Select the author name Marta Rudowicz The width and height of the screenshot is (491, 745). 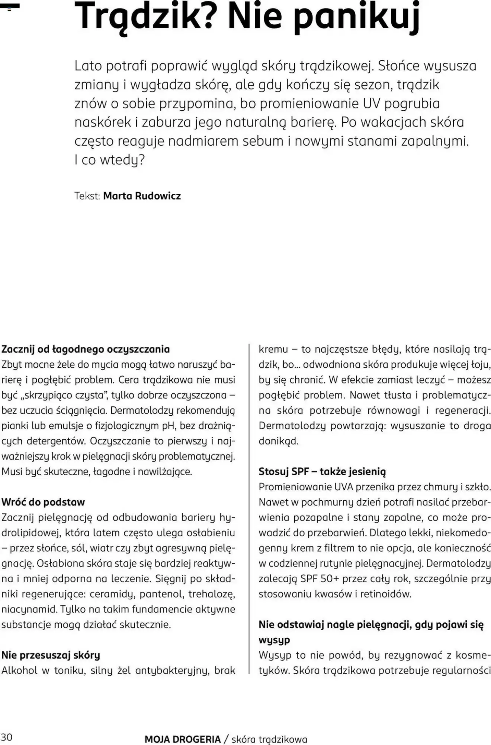pos(142,196)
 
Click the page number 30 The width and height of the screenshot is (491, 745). pos(7,737)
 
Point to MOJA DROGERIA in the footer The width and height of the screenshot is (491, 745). pos(183,739)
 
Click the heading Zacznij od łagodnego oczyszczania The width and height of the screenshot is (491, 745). pos(86,349)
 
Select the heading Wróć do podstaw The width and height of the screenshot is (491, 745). pos(43,502)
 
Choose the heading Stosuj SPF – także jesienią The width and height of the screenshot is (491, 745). pos(322,471)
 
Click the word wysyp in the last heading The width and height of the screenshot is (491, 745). pos(274,640)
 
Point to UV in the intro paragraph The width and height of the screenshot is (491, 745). pos(371,103)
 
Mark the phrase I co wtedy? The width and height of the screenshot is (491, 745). pos(109,160)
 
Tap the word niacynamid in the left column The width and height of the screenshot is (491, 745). pos(29,609)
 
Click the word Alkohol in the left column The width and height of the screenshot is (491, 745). pos(19,670)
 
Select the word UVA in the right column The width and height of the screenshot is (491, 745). pos(344,486)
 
